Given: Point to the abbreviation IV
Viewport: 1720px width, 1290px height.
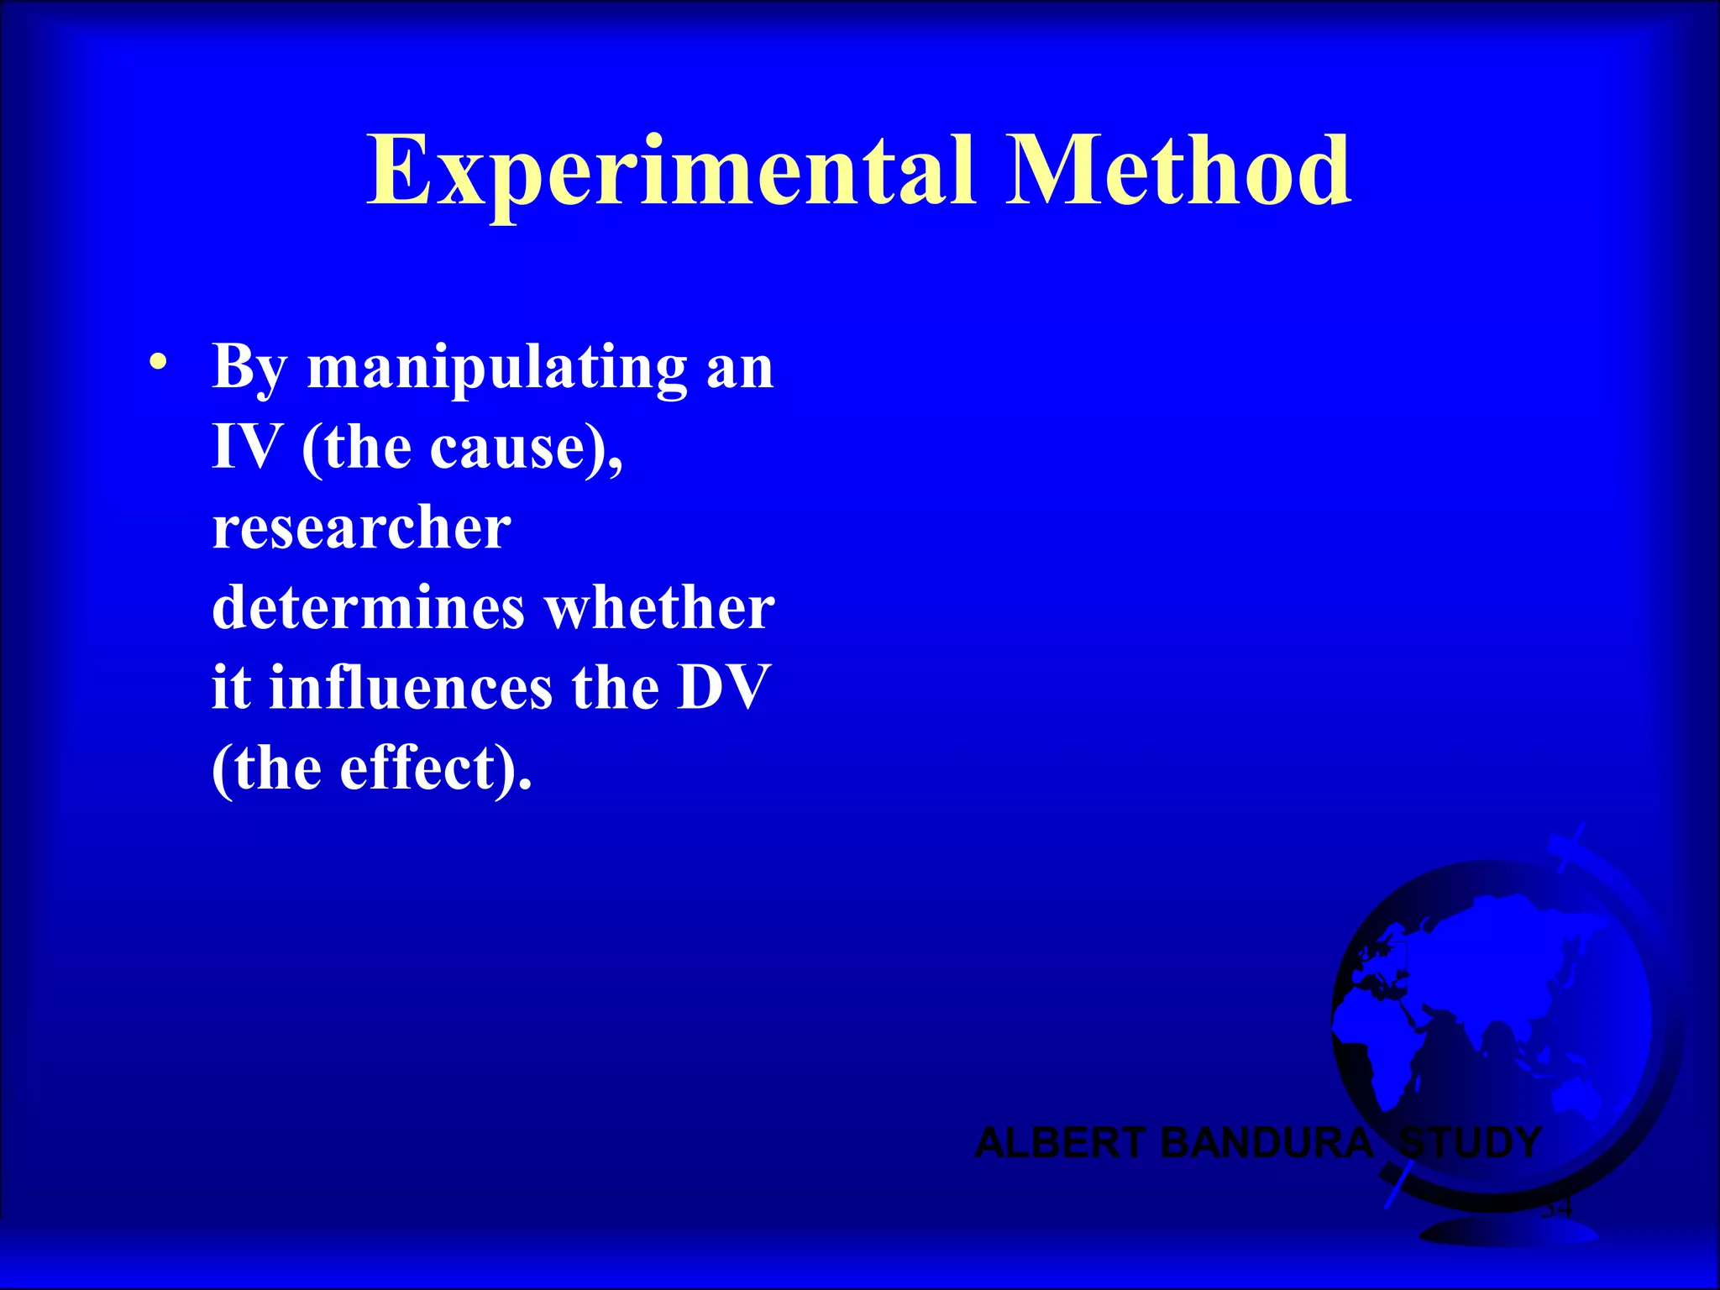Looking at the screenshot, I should [x=246, y=447].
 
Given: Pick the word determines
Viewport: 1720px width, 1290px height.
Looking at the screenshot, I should [x=368, y=607].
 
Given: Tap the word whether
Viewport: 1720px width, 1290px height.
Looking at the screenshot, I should [x=660, y=607].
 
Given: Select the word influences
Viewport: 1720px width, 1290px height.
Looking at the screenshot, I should [x=411, y=688].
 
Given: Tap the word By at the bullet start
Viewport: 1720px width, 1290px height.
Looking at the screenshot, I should [x=249, y=368].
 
